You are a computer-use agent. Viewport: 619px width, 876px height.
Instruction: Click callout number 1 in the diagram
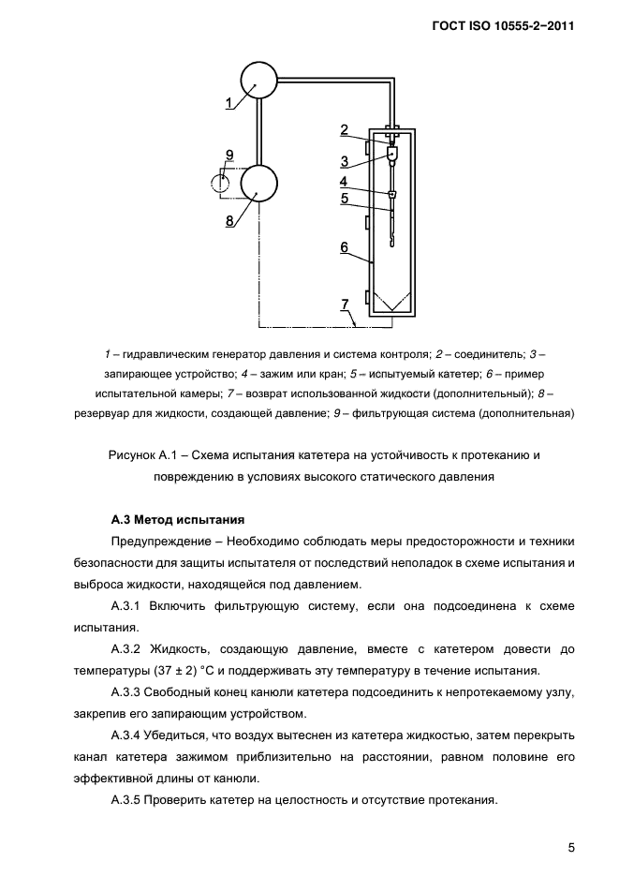(x=229, y=104)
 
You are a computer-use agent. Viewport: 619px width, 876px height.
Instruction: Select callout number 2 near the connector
(x=345, y=130)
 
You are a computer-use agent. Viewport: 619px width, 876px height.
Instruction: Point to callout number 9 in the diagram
(x=228, y=155)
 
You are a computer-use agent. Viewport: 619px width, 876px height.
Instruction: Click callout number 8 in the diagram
(x=228, y=220)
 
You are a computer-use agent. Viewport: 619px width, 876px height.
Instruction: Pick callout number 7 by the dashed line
(x=345, y=304)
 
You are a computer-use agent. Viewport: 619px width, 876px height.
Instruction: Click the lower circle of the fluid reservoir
(x=259, y=182)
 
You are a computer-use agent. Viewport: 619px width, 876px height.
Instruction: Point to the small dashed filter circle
(x=221, y=182)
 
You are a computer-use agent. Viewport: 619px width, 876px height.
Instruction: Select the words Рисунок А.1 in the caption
(x=140, y=455)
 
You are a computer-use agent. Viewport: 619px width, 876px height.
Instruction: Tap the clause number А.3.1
(x=130, y=606)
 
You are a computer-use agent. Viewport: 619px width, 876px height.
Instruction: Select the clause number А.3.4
(x=130, y=735)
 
